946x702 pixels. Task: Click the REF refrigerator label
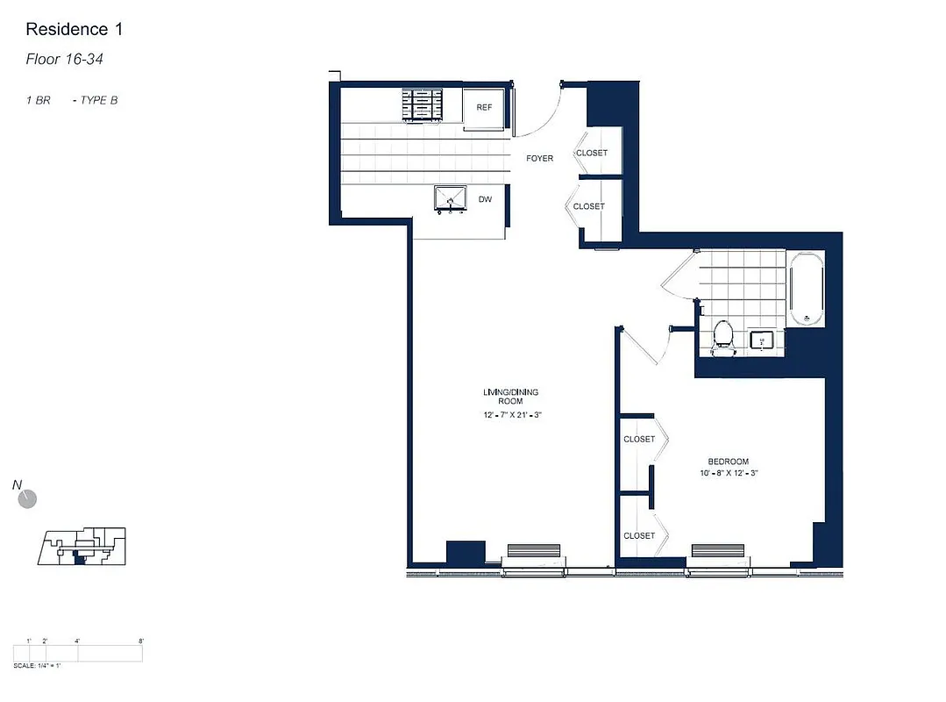(483, 107)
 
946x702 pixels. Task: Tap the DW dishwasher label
(485, 199)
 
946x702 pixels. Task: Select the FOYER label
(539, 159)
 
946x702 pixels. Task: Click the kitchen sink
(452, 200)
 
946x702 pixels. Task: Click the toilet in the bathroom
(723, 336)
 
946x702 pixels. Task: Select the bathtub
(805, 287)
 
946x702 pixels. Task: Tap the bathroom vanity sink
(762, 340)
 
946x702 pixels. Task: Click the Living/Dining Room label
(504, 396)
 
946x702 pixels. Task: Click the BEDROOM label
(729, 462)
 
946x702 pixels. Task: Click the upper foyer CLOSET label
(591, 153)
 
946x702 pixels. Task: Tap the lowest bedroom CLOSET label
(639, 535)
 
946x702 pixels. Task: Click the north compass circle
(28, 499)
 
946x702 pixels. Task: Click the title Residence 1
(74, 29)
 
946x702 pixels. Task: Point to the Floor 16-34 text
(68, 60)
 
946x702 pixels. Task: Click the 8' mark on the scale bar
(141, 641)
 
